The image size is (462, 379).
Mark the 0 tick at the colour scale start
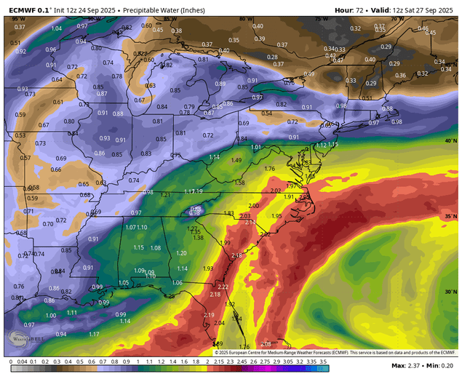click(11, 361)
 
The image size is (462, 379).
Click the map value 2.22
click(213, 287)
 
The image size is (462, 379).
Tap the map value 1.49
click(236, 160)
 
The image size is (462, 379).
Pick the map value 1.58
click(239, 183)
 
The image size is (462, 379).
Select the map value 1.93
click(208, 268)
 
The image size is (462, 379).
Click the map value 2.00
click(253, 206)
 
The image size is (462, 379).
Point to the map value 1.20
click(182, 252)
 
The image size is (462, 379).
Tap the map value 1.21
click(166, 195)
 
